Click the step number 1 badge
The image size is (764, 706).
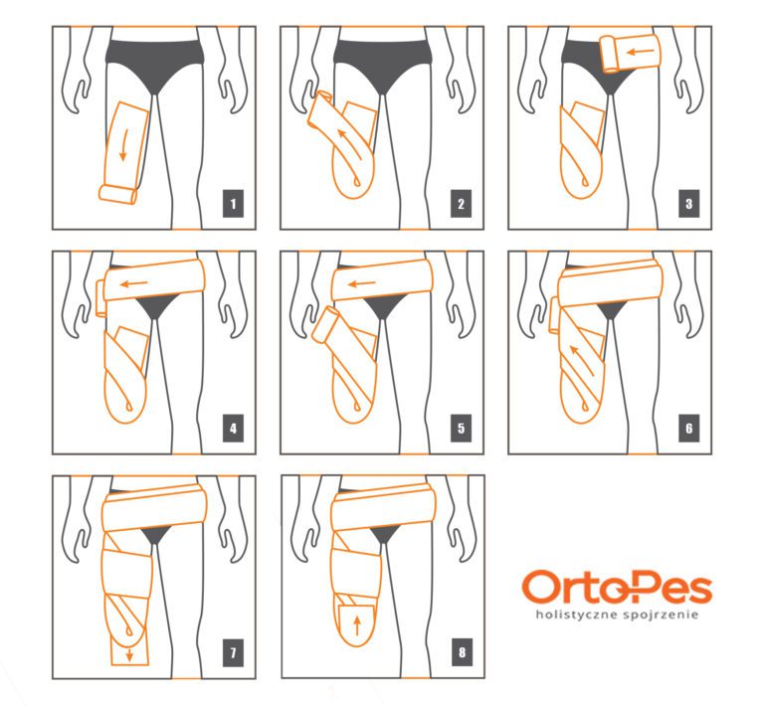pyautogui.click(x=233, y=204)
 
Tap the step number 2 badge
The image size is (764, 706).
pyautogui.click(x=461, y=204)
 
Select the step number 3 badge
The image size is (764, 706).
pyautogui.click(x=689, y=204)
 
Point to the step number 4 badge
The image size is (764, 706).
pyautogui.click(x=233, y=428)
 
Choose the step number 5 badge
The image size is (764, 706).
pyautogui.click(x=461, y=428)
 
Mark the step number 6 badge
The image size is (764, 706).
pyautogui.click(x=689, y=428)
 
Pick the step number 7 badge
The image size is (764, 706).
pyautogui.click(x=233, y=652)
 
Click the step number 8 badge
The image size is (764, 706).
pyautogui.click(x=462, y=652)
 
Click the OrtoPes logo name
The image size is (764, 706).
pyautogui.click(x=617, y=588)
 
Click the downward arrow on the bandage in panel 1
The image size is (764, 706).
pyautogui.click(x=123, y=144)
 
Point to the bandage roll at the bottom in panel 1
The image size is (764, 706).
pyautogui.click(x=118, y=194)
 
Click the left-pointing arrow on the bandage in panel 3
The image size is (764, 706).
pyautogui.click(x=641, y=51)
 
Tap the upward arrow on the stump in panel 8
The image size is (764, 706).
pyautogui.click(x=357, y=626)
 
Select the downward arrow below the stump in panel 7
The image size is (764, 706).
pyautogui.click(x=129, y=654)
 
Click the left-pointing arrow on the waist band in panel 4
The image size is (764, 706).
pyautogui.click(x=134, y=283)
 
